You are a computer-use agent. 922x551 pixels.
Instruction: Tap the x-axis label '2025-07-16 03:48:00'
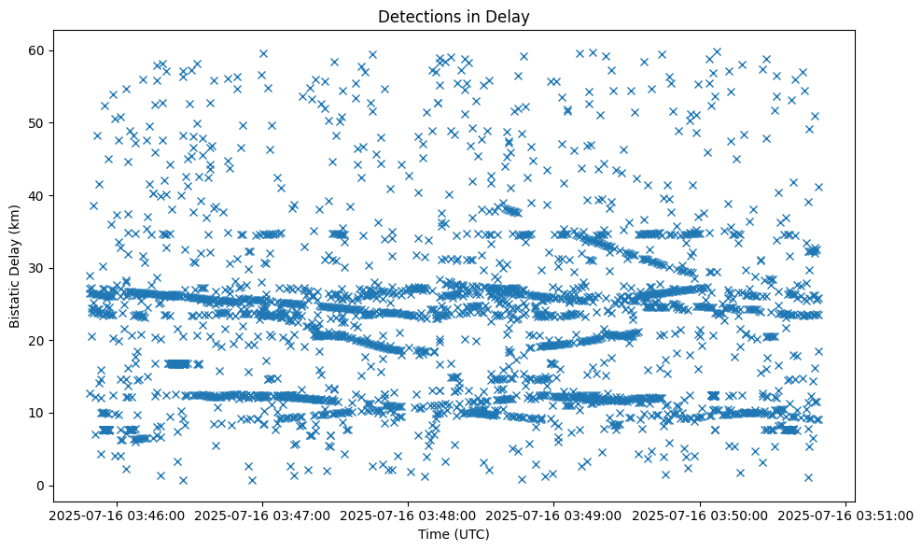pos(407,515)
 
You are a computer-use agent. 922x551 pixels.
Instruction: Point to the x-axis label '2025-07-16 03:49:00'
pos(553,515)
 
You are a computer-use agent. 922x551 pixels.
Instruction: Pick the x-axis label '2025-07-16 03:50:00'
pos(700,515)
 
